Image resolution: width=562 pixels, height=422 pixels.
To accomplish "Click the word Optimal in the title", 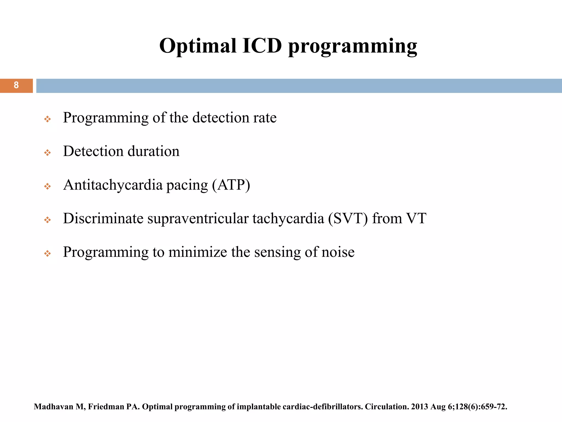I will coord(198,46).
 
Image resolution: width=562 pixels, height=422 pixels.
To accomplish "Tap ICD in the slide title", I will coord(262,46).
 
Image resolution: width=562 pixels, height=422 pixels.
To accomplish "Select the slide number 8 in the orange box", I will coord(16,85).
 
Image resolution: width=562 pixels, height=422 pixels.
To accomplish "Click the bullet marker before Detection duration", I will coord(47,152).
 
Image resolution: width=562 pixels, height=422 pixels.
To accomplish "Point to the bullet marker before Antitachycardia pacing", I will coord(47,187).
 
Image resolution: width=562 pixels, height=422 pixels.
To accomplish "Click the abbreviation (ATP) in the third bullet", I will coord(231,185).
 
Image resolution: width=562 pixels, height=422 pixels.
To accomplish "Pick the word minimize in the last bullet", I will coord(198,252).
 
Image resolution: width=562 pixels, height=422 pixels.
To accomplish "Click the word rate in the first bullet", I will coord(265,118).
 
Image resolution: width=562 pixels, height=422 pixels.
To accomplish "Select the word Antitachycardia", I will coord(113,185).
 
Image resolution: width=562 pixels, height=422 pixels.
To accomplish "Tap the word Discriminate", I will coord(103,218).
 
